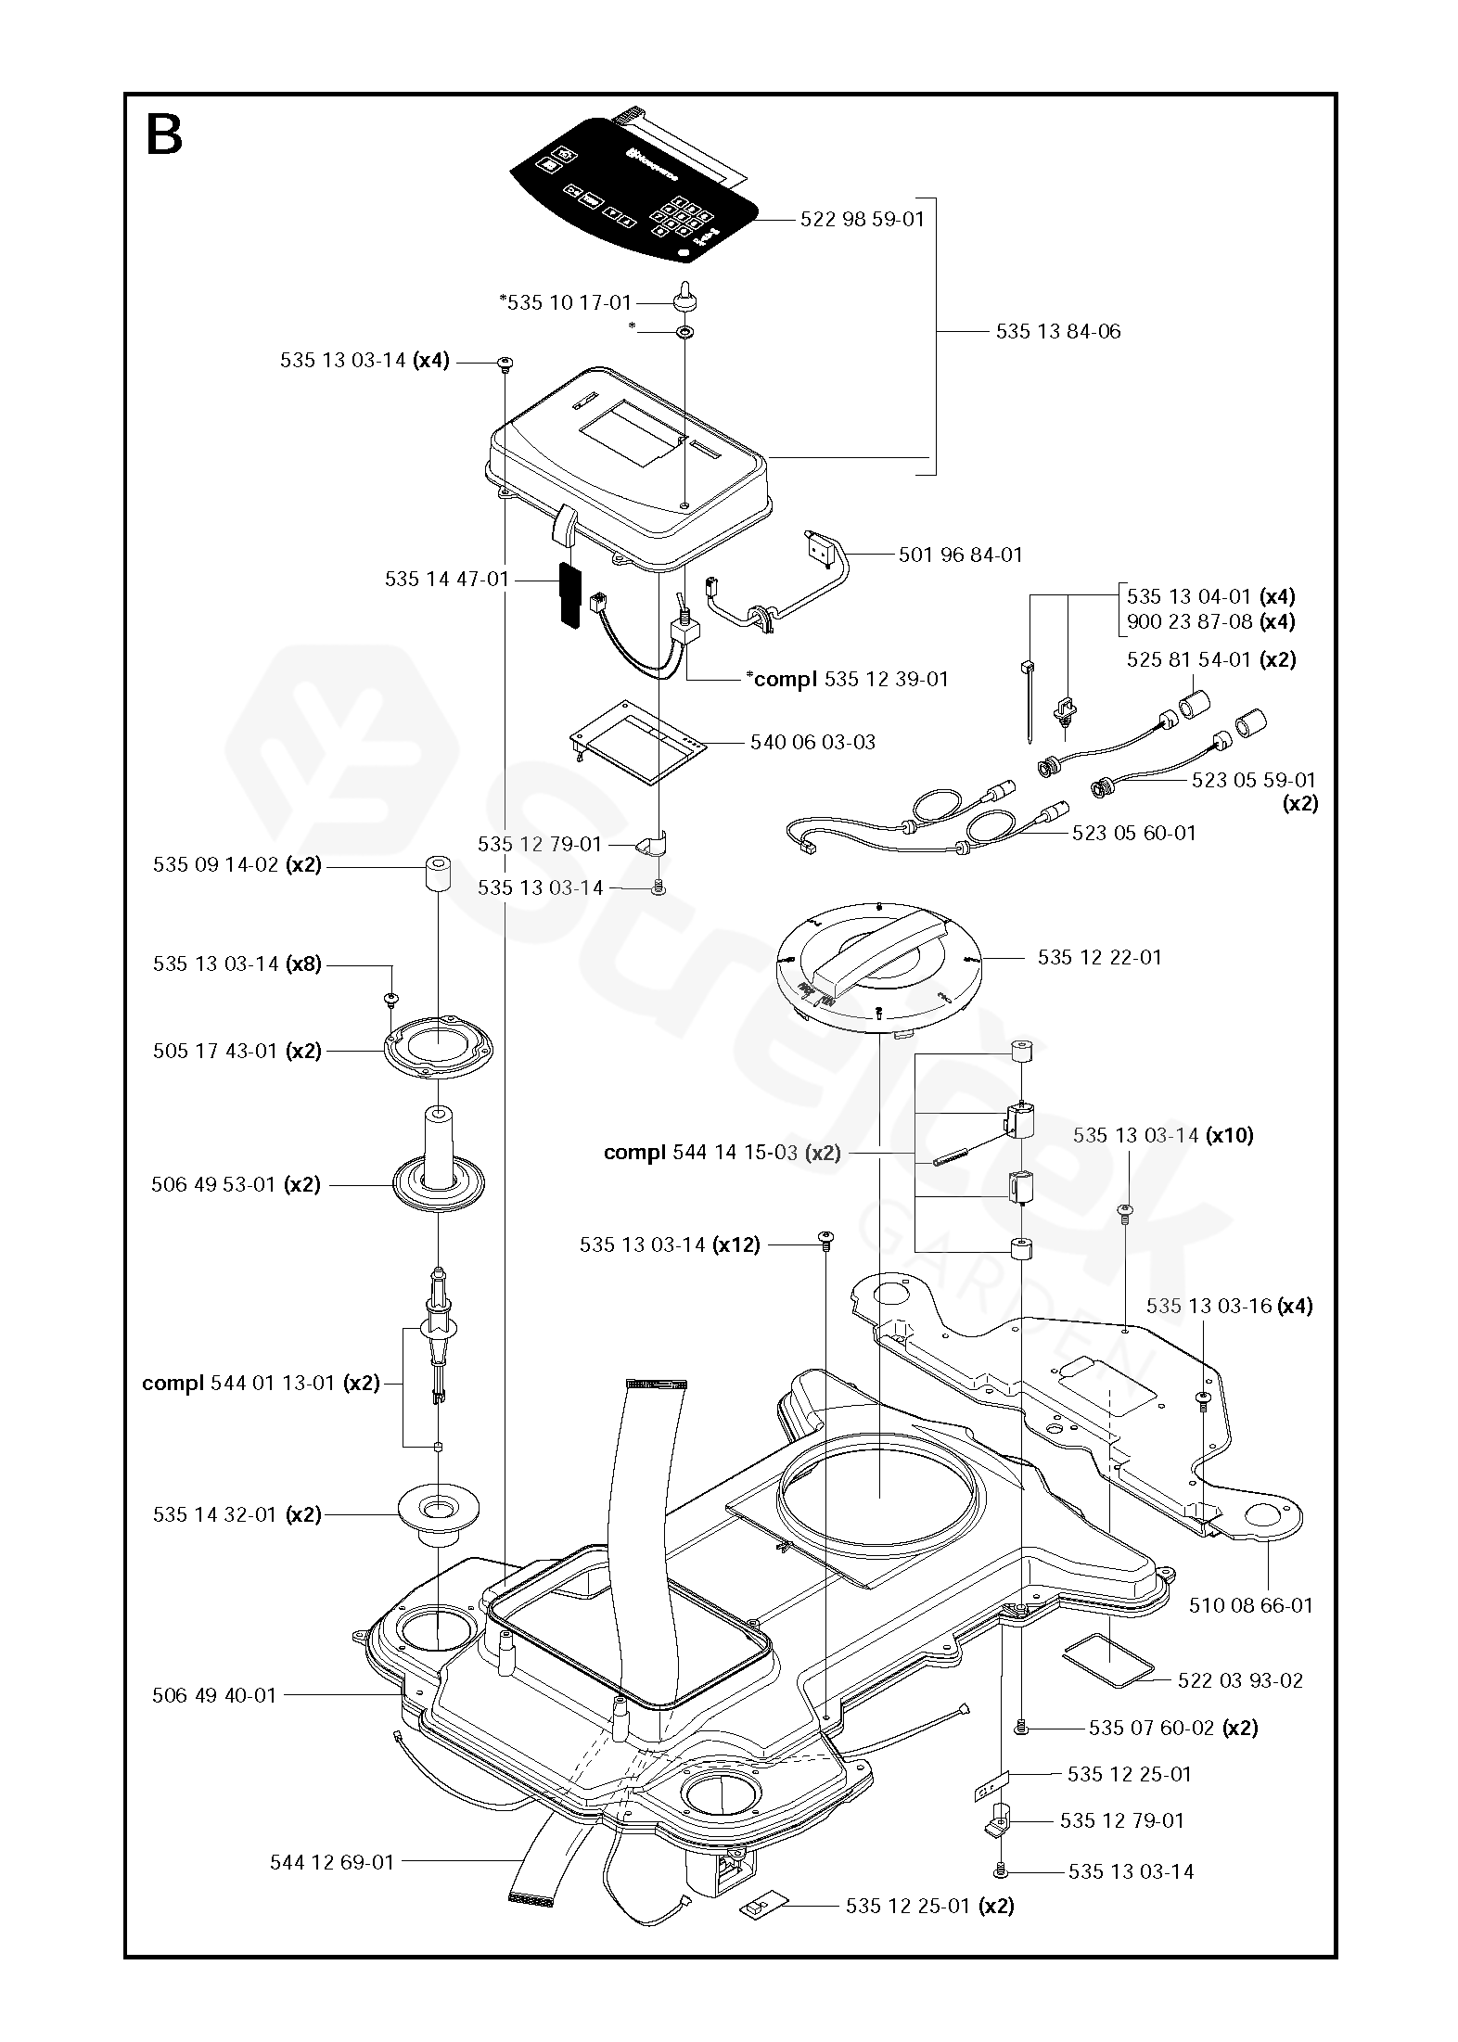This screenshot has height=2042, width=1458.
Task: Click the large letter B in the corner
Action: pyautogui.click(x=165, y=135)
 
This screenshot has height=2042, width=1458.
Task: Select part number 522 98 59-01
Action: pyautogui.click(x=862, y=220)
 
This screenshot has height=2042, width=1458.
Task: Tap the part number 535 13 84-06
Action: pyautogui.click(x=1057, y=331)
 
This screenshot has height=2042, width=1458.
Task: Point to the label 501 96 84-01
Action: pyautogui.click(x=960, y=555)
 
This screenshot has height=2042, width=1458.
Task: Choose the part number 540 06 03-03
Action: pyautogui.click(x=812, y=742)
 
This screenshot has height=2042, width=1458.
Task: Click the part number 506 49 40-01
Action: pyautogui.click(x=213, y=1695)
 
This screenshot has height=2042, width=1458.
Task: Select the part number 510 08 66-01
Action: pyautogui.click(x=1250, y=1605)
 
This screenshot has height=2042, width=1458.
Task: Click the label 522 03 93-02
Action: pyautogui.click(x=1239, y=1680)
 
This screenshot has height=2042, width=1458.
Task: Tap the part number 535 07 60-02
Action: pyautogui.click(x=1151, y=1728)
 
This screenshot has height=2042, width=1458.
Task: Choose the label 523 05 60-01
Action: pyautogui.click(x=1133, y=833)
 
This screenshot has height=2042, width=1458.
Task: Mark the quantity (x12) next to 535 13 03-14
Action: pyautogui.click(x=736, y=1244)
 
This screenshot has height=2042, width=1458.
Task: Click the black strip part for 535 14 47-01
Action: pyautogui.click(x=568, y=594)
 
